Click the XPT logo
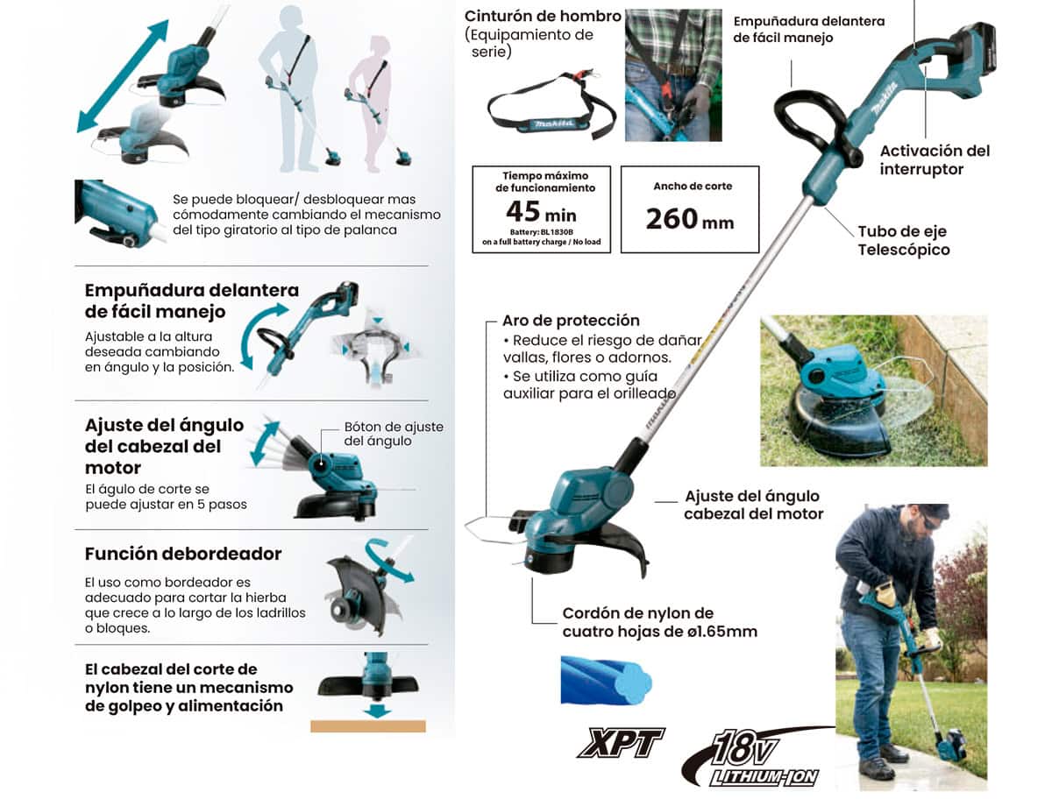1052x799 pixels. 621,743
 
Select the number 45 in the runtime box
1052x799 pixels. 522,210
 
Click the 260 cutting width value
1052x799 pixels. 671,219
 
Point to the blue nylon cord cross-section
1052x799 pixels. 606,680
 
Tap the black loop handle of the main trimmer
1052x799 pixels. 814,125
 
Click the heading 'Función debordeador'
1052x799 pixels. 183,554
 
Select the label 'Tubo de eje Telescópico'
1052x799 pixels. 904,240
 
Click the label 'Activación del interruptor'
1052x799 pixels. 935,160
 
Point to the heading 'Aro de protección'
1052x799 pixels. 571,321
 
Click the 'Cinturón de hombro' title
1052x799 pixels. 543,16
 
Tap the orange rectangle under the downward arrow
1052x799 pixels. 367,726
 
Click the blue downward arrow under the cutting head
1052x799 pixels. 378,711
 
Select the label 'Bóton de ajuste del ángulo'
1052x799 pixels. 394,434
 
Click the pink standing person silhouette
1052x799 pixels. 375,103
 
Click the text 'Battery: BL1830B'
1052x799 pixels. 541,232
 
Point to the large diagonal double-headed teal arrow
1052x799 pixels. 123,76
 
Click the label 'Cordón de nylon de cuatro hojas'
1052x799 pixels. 659,622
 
